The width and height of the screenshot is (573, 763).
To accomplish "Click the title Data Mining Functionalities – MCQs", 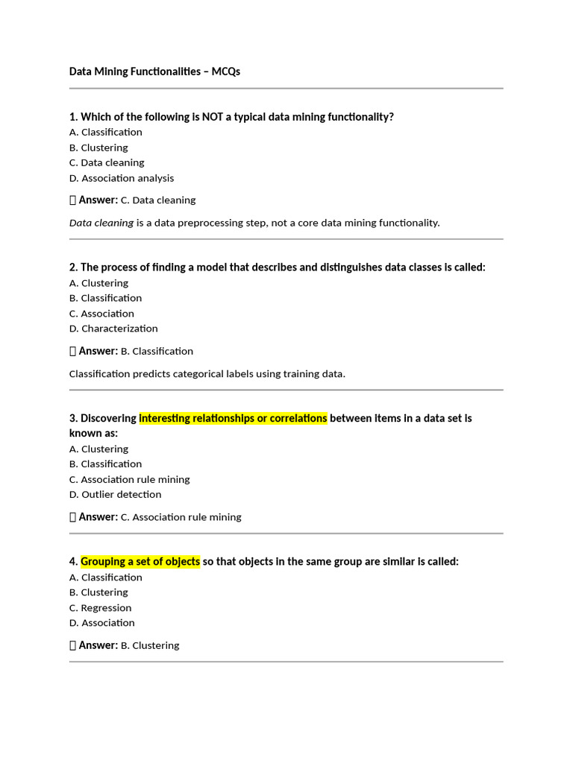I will pyautogui.click(x=154, y=72).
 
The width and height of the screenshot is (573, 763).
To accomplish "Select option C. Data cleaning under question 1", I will pyautogui.click(x=107, y=162).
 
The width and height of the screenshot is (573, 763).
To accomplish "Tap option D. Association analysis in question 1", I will pyautogui.click(x=122, y=178).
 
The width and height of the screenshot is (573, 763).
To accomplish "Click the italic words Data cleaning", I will pyautogui.click(x=101, y=223).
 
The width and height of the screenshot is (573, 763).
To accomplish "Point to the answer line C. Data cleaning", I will pyautogui.click(x=158, y=200).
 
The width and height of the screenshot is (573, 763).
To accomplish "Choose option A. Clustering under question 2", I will pyautogui.click(x=98, y=283).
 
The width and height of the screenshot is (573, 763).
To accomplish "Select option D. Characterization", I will pyautogui.click(x=113, y=329).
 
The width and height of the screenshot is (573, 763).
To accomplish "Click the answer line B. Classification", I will pyautogui.click(x=157, y=352).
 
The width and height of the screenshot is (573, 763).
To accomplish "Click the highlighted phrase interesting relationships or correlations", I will pyautogui.click(x=233, y=418).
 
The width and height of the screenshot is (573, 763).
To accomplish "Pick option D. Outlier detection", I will pyautogui.click(x=115, y=495).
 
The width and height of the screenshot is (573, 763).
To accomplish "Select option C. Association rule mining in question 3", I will pyautogui.click(x=129, y=480).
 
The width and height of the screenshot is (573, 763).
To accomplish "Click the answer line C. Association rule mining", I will pyautogui.click(x=181, y=517).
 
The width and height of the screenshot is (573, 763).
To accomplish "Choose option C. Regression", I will pyautogui.click(x=100, y=608).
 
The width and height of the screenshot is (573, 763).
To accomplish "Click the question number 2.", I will pyautogui.click(x=73, y=267).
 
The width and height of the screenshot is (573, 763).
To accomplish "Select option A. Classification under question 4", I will pyautogui.click(x=105, y=577).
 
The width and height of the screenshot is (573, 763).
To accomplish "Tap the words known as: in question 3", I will pyautogui.click(x=93, y=433).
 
